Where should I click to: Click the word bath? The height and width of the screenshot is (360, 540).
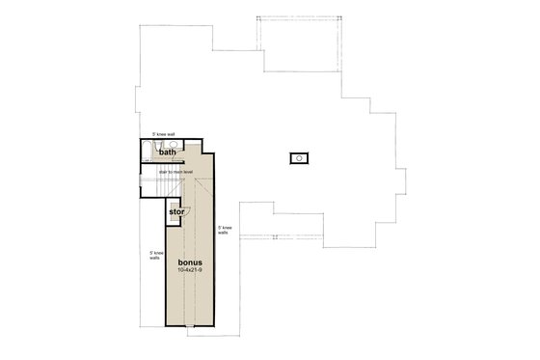coord(168,152)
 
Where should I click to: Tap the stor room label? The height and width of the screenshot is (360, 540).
coord(176,211)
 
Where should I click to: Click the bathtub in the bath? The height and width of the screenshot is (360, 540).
coord(145,151)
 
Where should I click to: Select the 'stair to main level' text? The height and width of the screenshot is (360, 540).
coord(178,170)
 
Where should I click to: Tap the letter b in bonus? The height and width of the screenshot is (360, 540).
coord(181,261)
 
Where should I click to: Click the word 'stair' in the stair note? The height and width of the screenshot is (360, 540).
coord(166,170)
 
